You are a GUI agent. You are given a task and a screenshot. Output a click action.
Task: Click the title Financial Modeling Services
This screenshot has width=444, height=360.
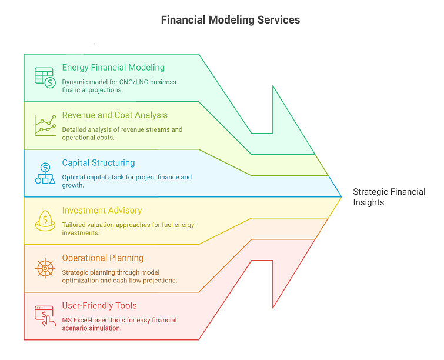coord(231,20)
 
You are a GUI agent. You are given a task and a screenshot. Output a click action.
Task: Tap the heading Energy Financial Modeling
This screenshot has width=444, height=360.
coord(113,68)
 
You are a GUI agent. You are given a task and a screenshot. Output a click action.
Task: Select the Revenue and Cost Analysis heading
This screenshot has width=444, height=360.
coord(115,115)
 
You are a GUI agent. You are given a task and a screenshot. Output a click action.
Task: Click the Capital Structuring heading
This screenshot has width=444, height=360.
coord(98,163)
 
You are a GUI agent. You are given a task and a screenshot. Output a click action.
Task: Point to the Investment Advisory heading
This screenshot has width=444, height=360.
coord(102,211)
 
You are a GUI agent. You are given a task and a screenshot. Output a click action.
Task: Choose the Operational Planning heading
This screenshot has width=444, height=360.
coord(103,258)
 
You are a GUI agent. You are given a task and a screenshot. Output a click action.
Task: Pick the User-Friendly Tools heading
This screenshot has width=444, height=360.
coord(99,306)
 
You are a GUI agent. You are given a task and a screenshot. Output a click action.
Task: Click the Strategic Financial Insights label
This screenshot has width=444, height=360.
coord(389,197)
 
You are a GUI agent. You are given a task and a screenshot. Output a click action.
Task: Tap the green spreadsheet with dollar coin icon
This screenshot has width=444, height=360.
coord(45,78)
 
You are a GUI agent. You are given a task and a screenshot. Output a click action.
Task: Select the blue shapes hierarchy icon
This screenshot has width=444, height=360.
coord(45,173)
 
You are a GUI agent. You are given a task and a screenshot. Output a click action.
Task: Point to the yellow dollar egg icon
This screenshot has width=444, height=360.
coord(45,221)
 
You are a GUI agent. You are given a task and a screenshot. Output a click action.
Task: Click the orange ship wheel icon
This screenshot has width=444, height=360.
coord(45,268)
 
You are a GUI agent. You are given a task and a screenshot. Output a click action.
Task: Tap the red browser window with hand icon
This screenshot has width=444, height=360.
coord(45,316)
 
